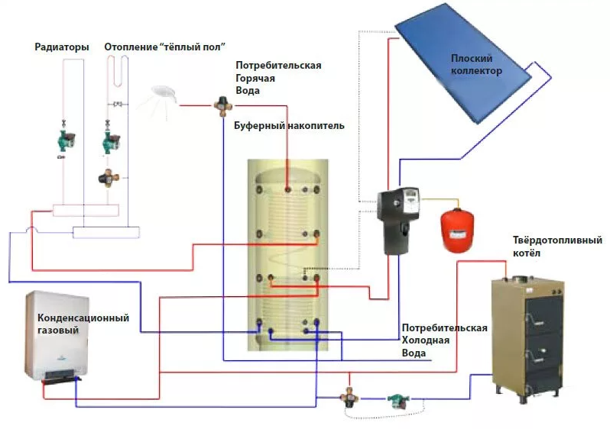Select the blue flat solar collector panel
(475, 69)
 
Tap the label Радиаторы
(62, 47)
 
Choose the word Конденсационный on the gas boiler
(83, 318)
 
